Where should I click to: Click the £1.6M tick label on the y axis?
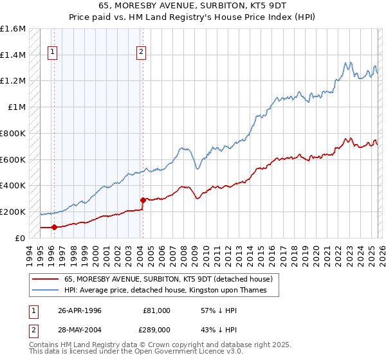tap(13, 29)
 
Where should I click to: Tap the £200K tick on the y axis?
tap(13, 212)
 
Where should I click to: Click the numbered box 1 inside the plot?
tap(52, 53)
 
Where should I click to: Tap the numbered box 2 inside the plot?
tap(141, 53)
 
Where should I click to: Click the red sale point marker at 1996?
tap(54, 227)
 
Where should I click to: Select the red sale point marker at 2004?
tap(143, 200)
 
